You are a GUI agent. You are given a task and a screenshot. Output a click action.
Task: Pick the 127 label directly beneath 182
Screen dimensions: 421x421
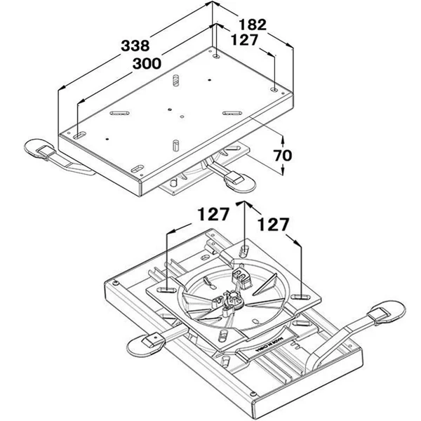[x=243, y=41]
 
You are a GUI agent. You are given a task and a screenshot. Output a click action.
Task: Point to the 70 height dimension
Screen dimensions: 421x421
[x=283, y=154]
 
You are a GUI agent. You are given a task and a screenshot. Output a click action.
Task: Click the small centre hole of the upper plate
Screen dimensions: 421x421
[x=171, y=109]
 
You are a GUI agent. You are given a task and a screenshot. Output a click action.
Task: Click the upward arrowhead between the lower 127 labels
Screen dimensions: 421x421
[x=243, y=204]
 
